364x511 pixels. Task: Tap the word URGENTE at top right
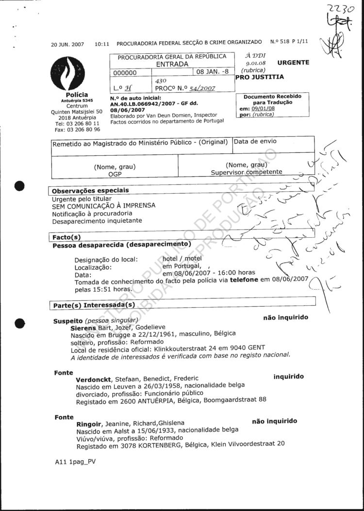point(293,63)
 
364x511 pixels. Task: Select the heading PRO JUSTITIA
point(260,77)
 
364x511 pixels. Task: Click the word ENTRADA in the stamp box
point(172,64)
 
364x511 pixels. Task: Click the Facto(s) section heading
point(66,237)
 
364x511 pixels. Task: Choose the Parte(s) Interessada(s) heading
point(94,305)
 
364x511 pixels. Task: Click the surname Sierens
point(83,328)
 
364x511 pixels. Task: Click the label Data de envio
point(255,141)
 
